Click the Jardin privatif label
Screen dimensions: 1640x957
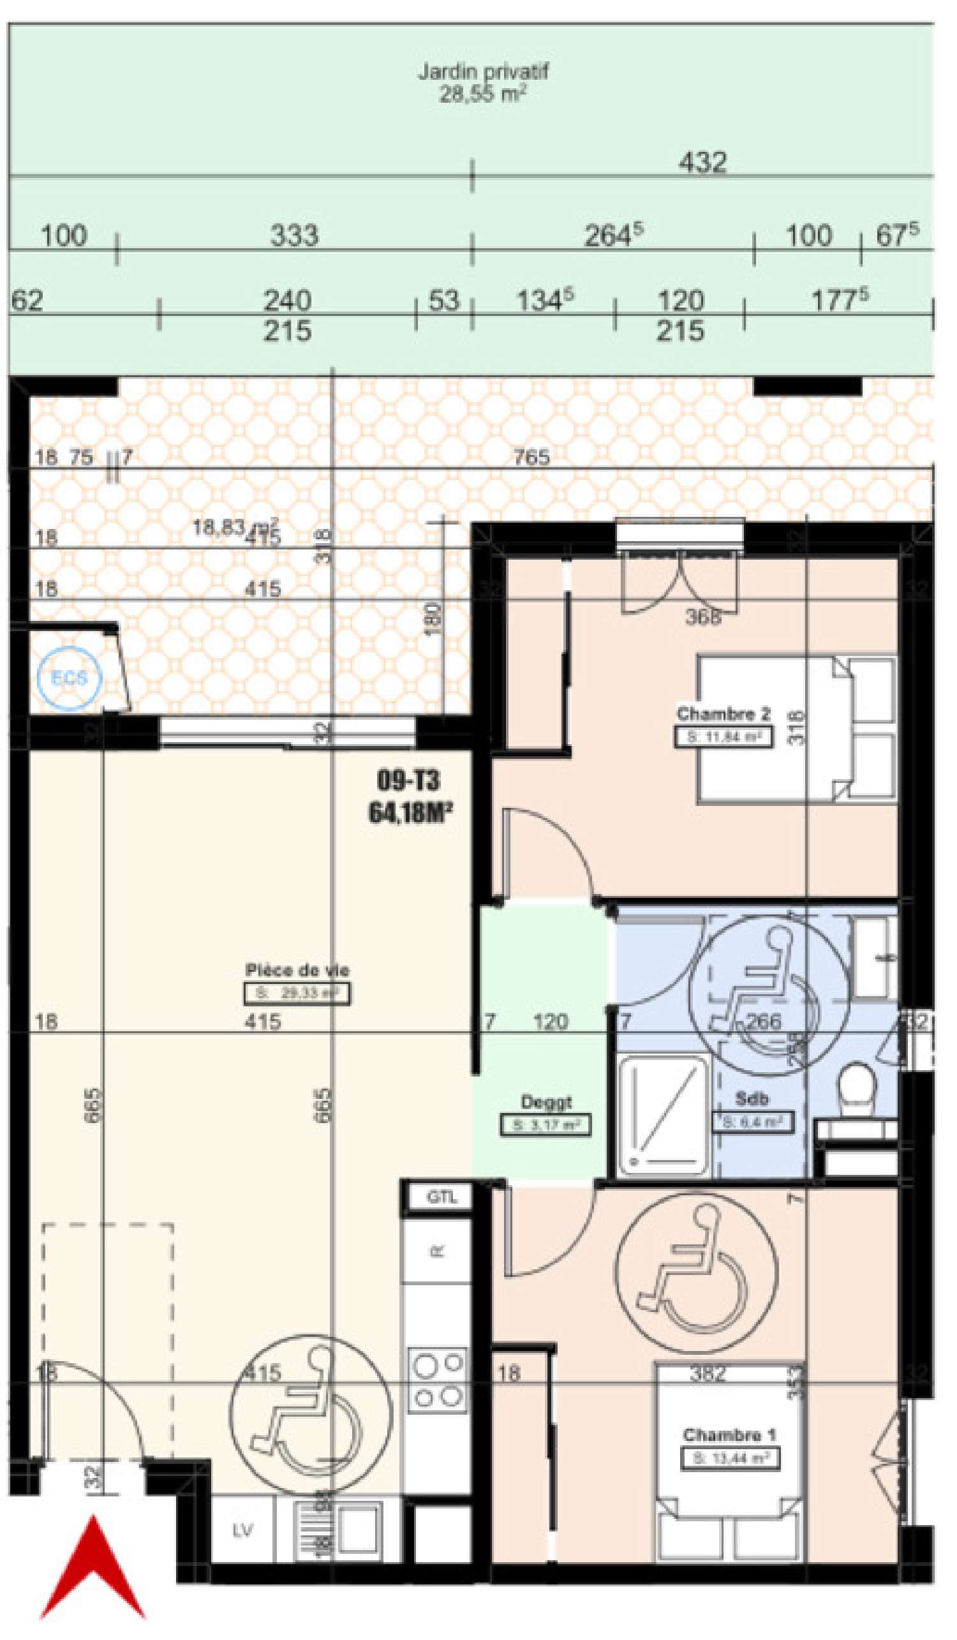(482, 71)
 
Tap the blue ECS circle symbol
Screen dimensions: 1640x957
(69, 678)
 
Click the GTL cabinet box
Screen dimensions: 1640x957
(440, 1196)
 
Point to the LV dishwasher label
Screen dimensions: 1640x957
(242, 1531)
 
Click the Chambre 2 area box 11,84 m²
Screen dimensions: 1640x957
(723, 737)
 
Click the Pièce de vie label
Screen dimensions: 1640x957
(297, 971)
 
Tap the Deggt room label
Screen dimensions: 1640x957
(545, 1103)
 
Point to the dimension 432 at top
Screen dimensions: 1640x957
(702, 161)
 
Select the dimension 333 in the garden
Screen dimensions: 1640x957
(294, 235)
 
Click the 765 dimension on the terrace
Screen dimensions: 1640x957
(531, 457)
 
